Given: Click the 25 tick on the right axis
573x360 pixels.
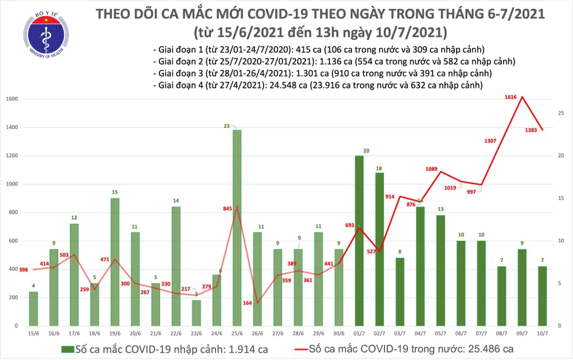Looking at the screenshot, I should [x=562, y=114].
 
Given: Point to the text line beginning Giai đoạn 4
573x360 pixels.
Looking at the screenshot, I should [x=317, y=85].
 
